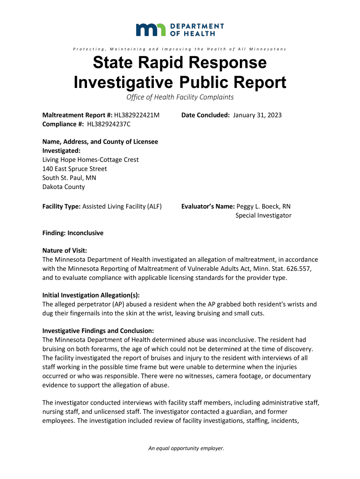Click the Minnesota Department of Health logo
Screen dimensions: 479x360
[180, 29]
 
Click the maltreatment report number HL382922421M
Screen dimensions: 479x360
[133, 115]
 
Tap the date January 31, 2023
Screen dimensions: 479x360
[257, 115]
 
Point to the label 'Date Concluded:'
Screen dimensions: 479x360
[206, 115]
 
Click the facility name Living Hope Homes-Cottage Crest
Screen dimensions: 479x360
[90, 160]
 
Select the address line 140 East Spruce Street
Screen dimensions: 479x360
[74, 168]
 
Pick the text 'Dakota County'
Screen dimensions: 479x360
[64, 187]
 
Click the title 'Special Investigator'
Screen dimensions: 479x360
[263, 215]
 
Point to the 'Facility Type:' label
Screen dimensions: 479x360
[61, 206]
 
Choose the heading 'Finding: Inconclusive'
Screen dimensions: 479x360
[73, 233]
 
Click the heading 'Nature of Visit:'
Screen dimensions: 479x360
[65, 251]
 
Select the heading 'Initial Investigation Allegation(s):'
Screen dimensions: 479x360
[91, 295]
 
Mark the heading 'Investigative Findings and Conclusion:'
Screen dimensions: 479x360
[98, 331]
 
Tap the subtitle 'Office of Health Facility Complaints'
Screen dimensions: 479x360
[180, 97]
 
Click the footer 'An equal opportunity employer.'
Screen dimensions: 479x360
[186, 449]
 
